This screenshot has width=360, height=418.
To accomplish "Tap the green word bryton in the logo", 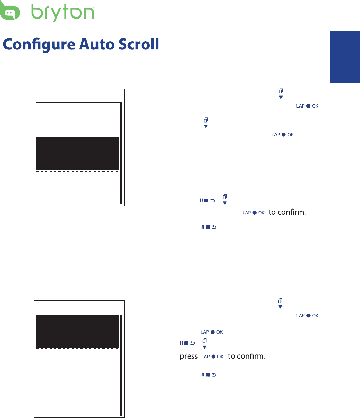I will (x=63, y=13).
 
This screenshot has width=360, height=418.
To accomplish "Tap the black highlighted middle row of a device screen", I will (x=78, y=154).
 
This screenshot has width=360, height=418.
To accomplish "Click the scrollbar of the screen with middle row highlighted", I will (x=121, y=154).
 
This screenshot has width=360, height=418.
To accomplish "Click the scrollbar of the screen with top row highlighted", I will (x=121, y=365).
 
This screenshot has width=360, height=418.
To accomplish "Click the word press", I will (x=189, y=357).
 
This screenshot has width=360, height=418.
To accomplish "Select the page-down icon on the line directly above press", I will (x=204, y=343).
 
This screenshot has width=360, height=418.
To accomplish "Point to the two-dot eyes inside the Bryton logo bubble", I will (x=9, y=15).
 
